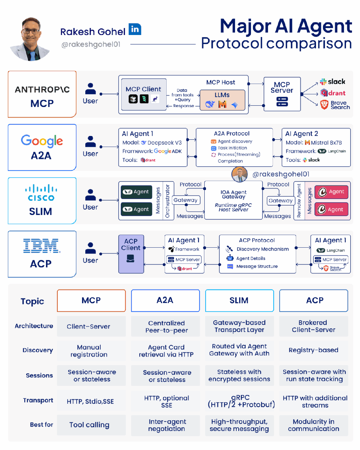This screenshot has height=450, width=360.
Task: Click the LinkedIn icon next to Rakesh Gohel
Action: (135, 29)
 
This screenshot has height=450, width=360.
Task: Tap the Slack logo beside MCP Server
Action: (333, 82)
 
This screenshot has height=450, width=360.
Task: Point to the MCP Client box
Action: (143, 95)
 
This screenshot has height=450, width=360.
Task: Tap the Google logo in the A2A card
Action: (42, 141)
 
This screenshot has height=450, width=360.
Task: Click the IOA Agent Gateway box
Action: (233, 200)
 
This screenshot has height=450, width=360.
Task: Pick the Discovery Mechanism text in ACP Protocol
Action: (263, 249)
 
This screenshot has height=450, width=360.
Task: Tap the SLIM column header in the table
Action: (239, 300)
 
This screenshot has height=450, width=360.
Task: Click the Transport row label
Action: (38, 400)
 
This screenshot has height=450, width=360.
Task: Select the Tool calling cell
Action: (89, 425)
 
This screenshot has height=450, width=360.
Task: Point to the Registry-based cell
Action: (313, 350)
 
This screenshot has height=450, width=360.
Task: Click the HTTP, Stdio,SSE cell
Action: (90, 401)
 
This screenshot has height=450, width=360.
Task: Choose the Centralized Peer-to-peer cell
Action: (166, 327)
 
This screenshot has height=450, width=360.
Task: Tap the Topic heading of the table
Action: (32, 301)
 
